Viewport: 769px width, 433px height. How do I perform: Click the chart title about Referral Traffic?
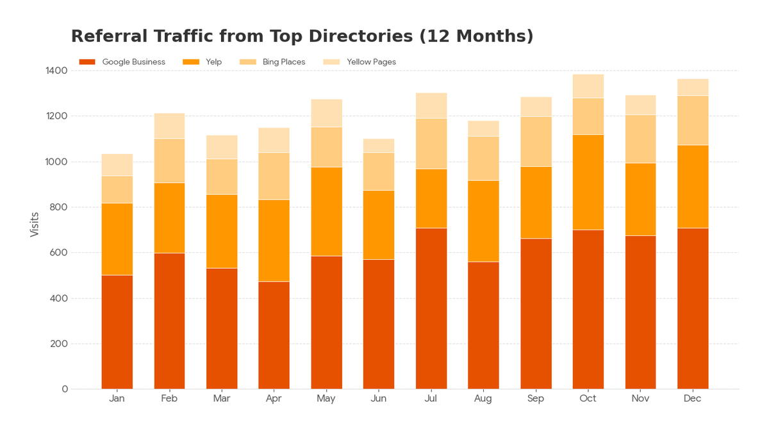302,37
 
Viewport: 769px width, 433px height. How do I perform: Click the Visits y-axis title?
35,225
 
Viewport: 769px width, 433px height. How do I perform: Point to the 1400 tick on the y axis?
56,71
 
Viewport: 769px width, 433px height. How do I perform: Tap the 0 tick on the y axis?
65,389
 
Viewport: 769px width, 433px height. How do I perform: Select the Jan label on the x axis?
117,399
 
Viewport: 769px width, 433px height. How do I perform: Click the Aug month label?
483,399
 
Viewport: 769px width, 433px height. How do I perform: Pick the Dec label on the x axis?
692,399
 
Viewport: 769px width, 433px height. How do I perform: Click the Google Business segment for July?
431,308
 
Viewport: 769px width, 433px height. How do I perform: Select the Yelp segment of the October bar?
588,182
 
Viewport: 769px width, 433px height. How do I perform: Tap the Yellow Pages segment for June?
379,146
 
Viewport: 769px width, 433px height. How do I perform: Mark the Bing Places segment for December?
692,121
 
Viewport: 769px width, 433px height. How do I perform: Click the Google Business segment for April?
274,335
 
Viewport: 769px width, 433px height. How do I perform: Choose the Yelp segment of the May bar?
326,212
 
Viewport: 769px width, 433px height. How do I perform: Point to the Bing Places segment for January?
117,189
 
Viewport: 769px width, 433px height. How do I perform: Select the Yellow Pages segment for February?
169,126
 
